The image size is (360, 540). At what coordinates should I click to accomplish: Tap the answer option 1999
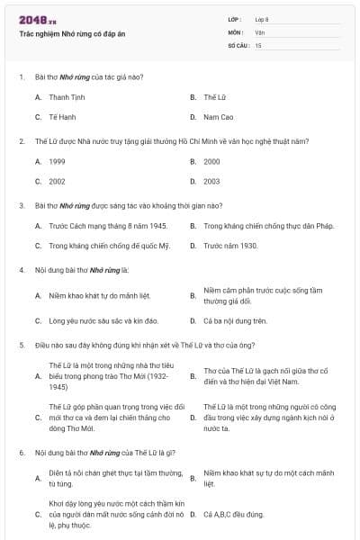[x=57, y=161]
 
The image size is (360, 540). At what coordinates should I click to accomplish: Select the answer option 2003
[x=211, y=181]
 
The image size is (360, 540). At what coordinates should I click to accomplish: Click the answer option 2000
[x=211, y=161]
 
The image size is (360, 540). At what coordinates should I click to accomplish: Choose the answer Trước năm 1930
[x=230, y=246]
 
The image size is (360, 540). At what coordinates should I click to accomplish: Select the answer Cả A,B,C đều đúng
[x=234, y=515]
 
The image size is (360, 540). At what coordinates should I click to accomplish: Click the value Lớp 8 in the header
[x=262, y=19]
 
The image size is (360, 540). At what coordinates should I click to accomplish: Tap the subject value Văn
[x=259, y=31]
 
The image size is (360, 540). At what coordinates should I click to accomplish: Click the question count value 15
[x=258, y=44]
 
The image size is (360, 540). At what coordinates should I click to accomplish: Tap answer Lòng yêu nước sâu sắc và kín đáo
[x=103, y=320]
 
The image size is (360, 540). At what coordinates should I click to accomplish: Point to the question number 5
[x=22, y=345]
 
